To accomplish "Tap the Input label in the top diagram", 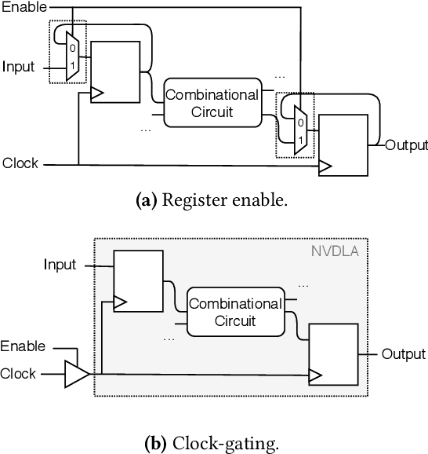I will (x=18, y=66).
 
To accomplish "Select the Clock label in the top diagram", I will (x=20, y=164).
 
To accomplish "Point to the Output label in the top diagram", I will (x=407, y=145).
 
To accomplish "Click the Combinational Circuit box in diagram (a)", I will (x=212, y=103).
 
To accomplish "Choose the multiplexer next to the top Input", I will (x=72, y=57).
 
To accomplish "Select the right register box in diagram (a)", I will (x=343, y=145).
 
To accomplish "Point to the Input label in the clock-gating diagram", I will (x=60, y=265).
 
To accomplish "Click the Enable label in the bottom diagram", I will (x=23, y=346).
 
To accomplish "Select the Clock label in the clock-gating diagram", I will (x=19, y=374).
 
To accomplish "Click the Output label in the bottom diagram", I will (x=404, y=354).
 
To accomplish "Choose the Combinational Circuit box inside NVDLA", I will (x=234, y=312).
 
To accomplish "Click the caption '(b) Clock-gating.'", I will (x=213, y=444).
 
